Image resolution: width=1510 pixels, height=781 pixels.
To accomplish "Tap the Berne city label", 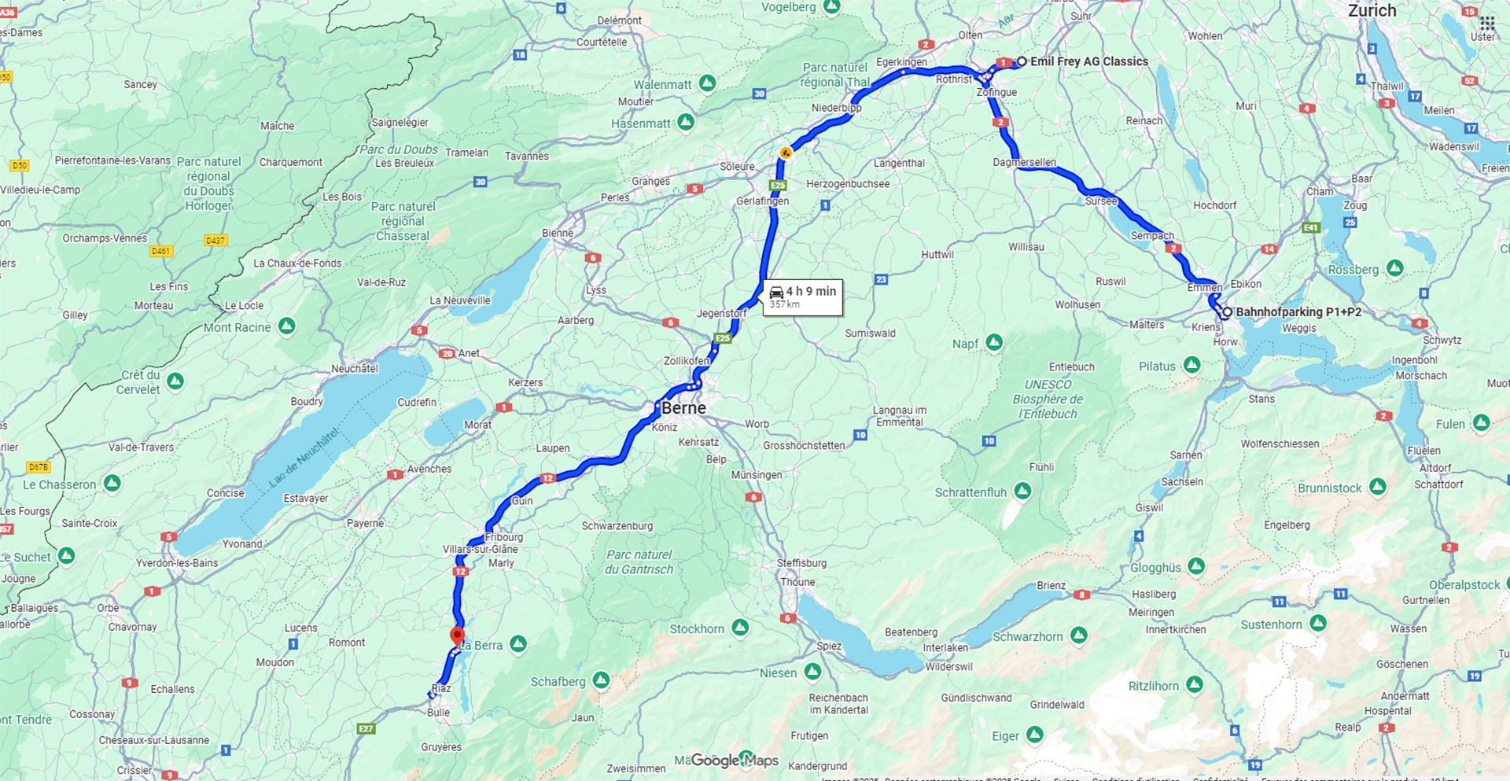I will tap(683, 408).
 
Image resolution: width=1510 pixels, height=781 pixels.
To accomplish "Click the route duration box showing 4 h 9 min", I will tap(803, 297).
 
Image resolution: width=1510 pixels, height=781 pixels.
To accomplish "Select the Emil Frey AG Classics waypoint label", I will tap(1088, 61).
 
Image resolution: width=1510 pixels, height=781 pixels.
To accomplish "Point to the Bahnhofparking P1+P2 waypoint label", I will tap(1298, 312).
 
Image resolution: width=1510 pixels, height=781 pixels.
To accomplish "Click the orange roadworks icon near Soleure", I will tap(785, 152).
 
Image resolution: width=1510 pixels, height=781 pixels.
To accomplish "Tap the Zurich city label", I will tap(1372, 11).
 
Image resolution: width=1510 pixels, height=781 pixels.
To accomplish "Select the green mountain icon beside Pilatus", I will tap(1192, 365).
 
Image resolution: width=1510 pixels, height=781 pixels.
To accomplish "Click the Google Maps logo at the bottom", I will tap(726, 761).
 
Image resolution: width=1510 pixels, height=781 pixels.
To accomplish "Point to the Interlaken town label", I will tap(945, 648).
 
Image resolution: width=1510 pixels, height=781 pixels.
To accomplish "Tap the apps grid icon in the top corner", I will tap(1486, 23).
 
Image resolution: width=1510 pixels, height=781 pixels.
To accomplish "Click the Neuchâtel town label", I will tap(355, 368).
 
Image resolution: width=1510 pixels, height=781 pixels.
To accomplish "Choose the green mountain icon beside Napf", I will tap(995, 342).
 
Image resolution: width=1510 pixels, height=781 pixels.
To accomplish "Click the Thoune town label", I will tap(797, 582).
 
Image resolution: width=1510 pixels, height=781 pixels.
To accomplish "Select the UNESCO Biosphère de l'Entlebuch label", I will tap(1047, 399).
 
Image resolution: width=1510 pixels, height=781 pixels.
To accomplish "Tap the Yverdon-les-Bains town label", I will tap(177, 563).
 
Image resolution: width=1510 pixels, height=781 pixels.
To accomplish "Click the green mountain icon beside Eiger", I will tap(1035, 735).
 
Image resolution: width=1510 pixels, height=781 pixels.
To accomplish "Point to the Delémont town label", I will tap(619, 20).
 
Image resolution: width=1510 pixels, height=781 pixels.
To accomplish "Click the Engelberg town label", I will tap(1287, 525).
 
